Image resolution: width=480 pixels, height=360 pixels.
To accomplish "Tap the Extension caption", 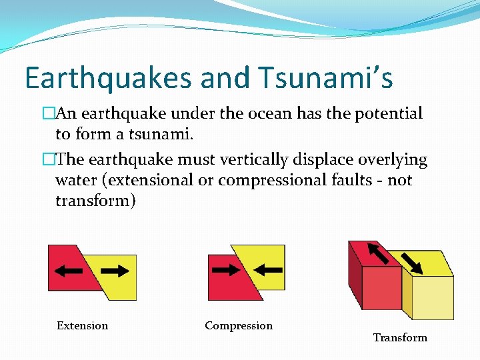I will tap(82, 325).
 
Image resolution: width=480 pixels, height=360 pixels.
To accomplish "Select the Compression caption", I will tap(239, 325).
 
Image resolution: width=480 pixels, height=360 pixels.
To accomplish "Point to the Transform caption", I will tap(400, 337).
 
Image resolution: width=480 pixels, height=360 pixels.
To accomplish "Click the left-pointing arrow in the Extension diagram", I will tap(69, 271).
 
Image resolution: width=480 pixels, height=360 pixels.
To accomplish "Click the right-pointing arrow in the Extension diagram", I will tap(114, 271).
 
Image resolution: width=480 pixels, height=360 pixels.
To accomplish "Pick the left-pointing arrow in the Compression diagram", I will tap(269, 270).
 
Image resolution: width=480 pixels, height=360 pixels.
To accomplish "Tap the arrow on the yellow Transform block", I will tap(412, 262).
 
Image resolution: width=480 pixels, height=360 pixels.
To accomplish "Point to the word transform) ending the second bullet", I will tap(95, 201).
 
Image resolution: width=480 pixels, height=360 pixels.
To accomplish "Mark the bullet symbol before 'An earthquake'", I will tap(47, 113).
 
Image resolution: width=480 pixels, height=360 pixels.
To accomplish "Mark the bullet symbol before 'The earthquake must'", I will tap(47, 160).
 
